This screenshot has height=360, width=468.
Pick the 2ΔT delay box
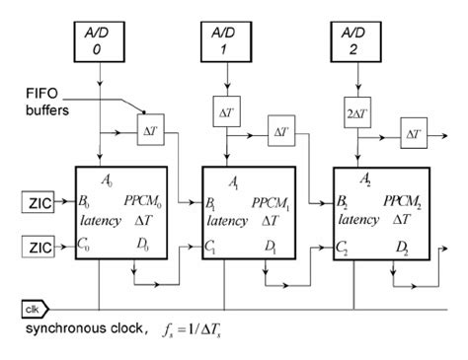(x=356, y=110)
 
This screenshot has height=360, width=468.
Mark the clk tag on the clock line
(x=17, y=308)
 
